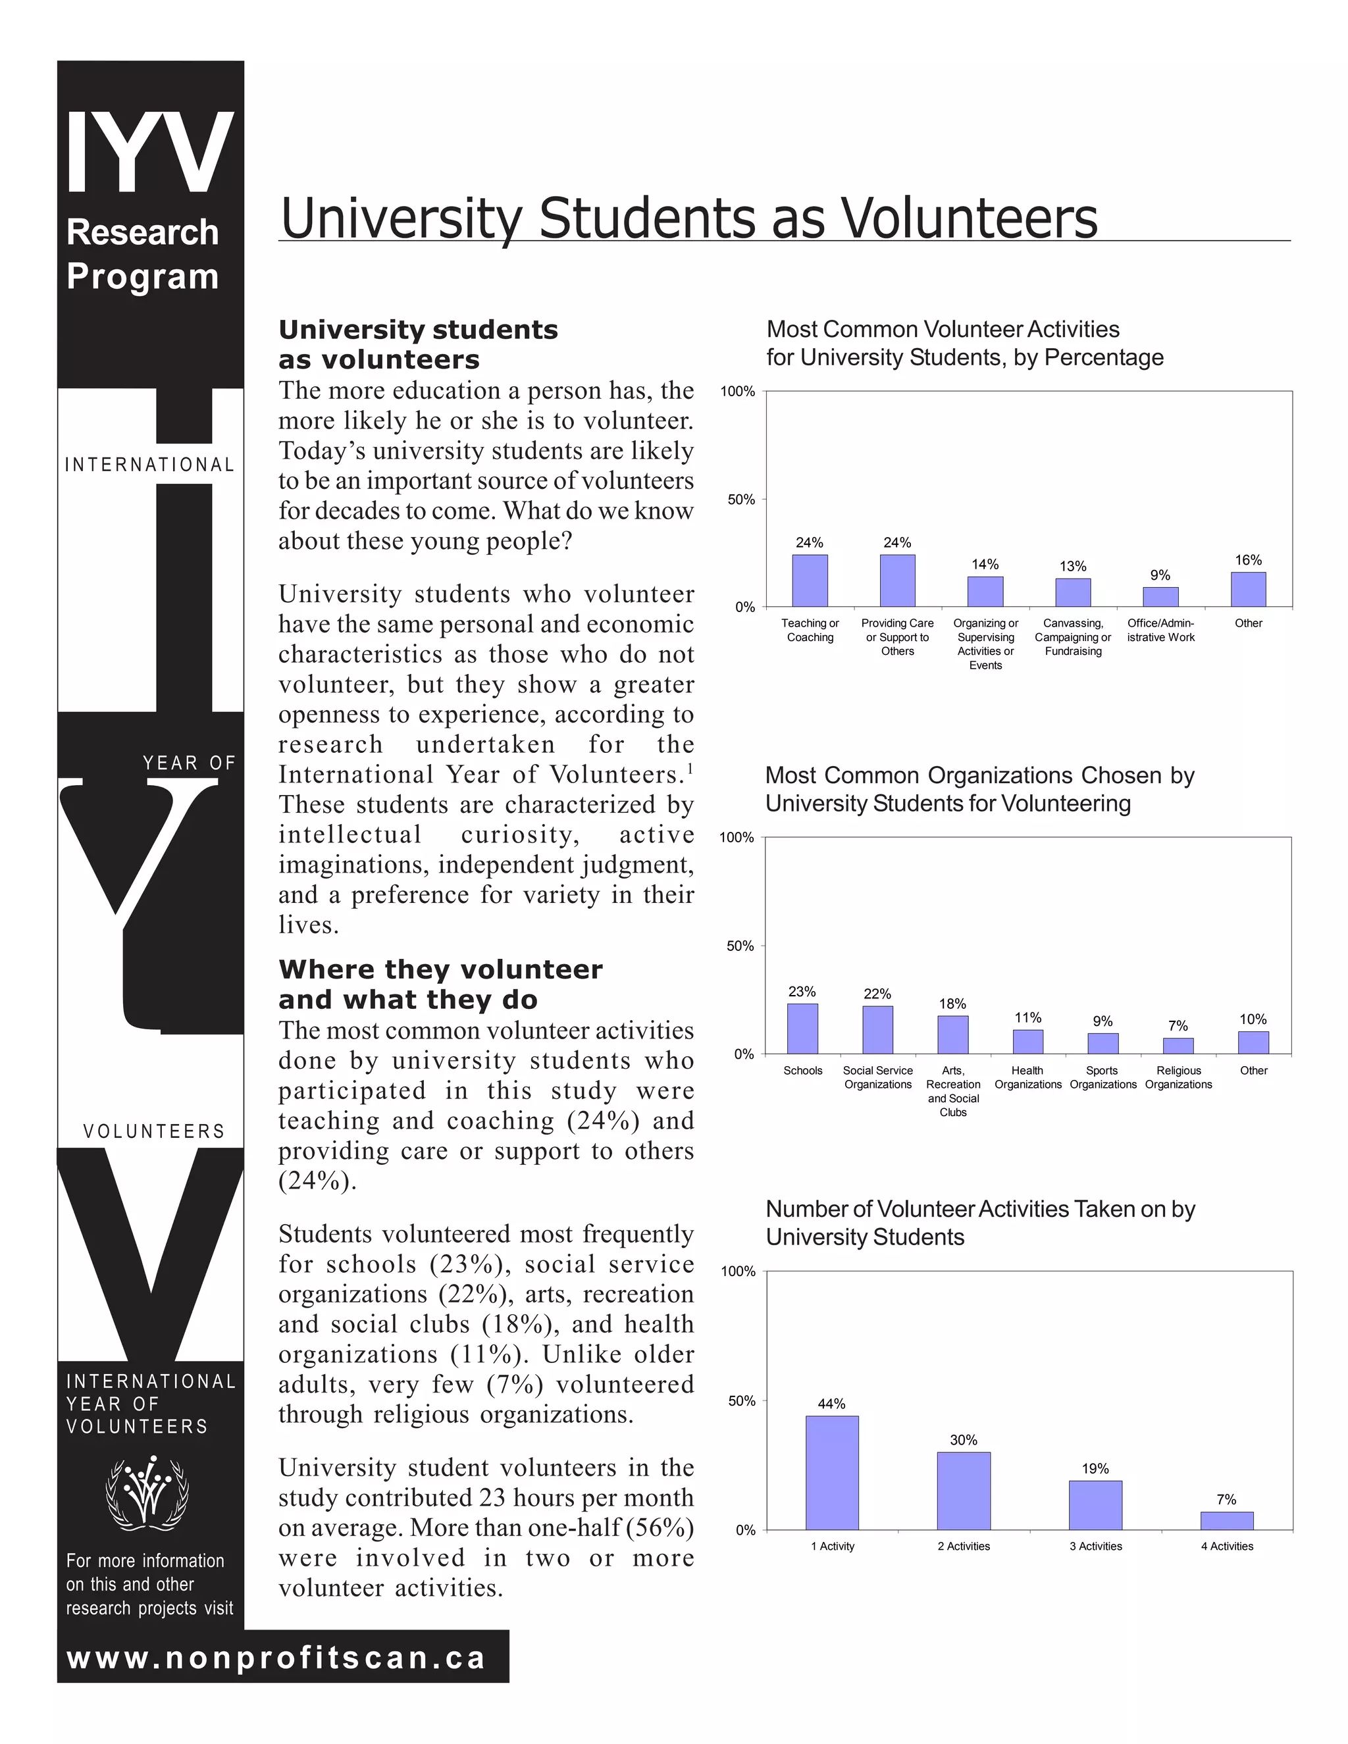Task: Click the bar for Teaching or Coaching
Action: [810, 580]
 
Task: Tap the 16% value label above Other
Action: [1248, 561]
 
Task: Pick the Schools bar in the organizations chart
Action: [802, 1029]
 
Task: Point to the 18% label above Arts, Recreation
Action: [952, 1004]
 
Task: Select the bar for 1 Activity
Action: [832, 1472]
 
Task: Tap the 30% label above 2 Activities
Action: [964, 1440]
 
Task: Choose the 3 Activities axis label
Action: [1096, 1546]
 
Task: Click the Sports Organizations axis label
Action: [1103, 1077]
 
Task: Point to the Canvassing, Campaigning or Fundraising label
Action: [1074, 637]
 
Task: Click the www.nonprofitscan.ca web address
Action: [276, 1658]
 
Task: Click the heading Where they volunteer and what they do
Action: [440, 985]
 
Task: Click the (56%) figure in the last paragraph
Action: [660, 1527]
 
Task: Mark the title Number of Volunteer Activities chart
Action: [980, 1223]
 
